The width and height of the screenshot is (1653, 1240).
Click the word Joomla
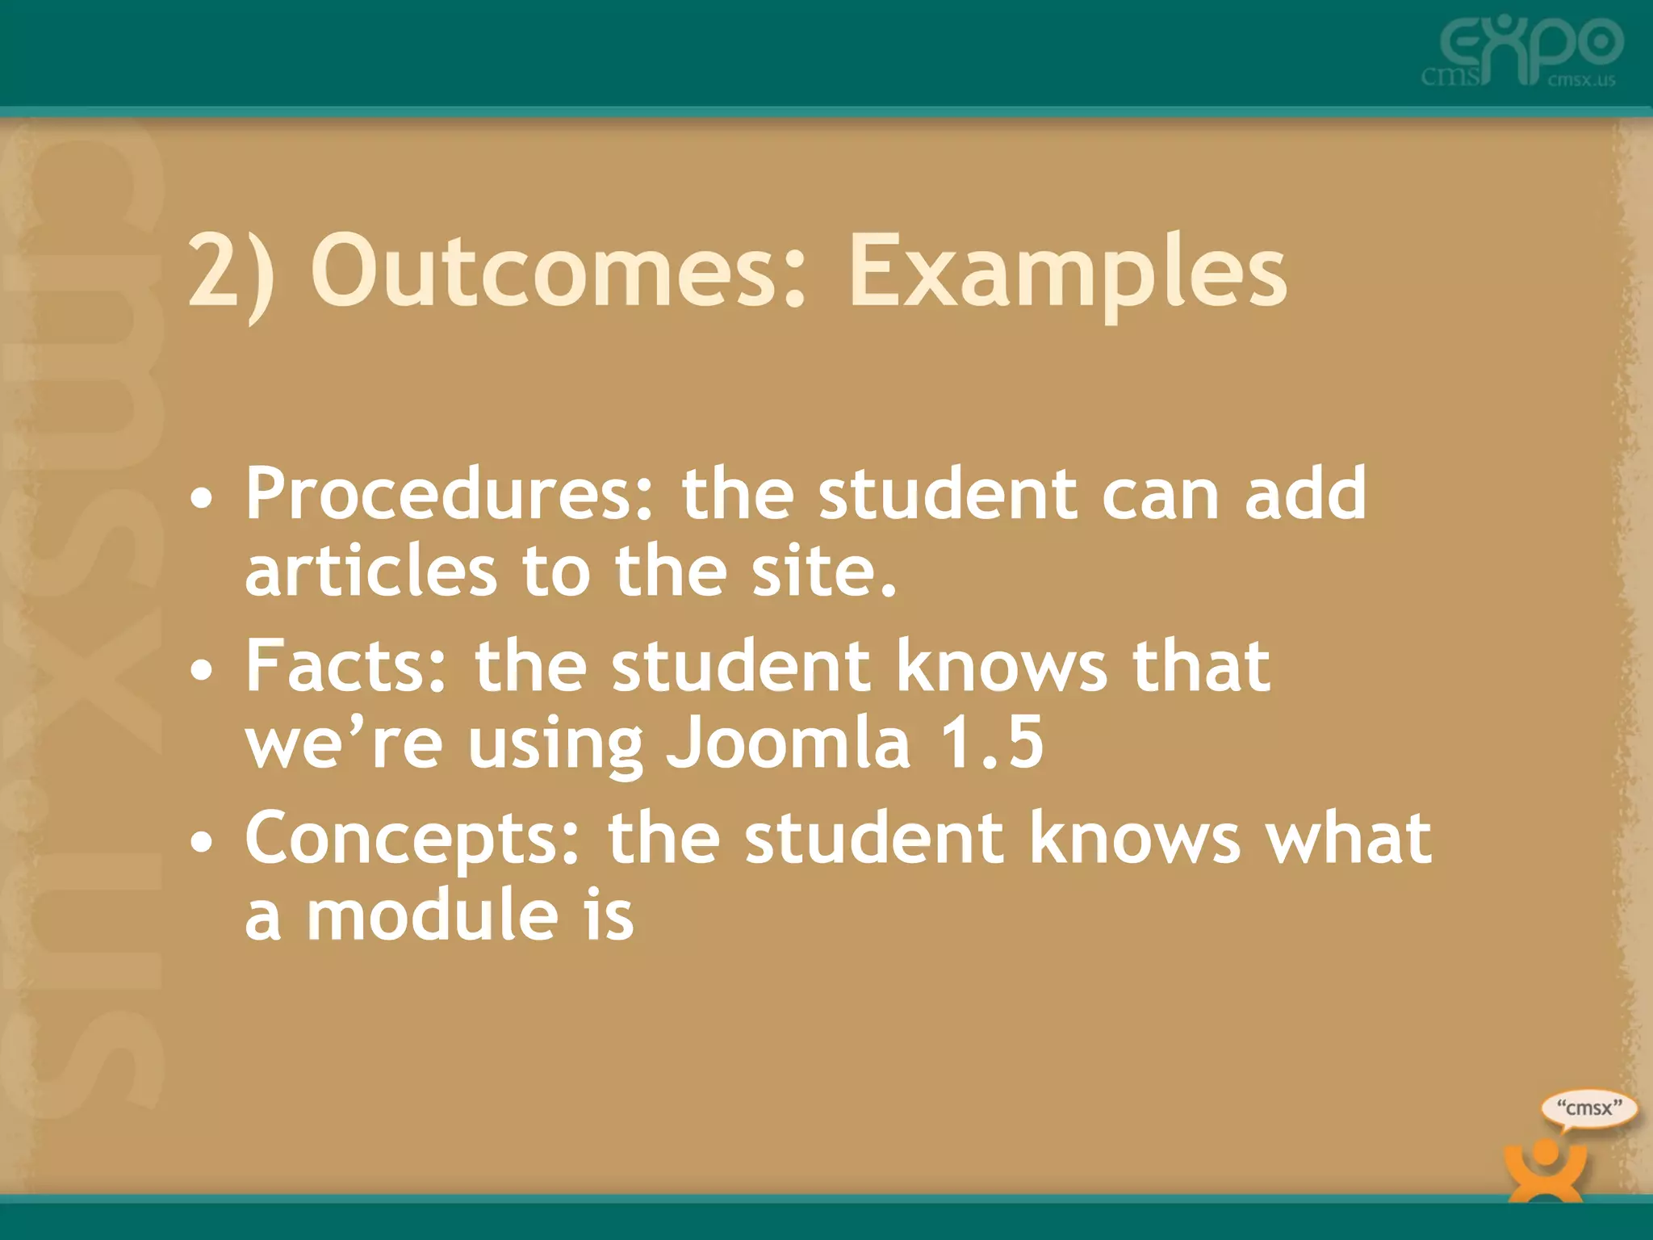[788, 744]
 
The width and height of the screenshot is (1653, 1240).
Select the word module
[433, 915]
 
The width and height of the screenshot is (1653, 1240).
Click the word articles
[370, 572]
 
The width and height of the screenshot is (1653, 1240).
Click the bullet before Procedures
[202, 499]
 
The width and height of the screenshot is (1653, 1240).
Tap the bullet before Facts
[202, 670]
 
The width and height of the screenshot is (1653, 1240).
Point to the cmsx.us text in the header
[1581, 80]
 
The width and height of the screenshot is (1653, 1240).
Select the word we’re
[344, 744]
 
